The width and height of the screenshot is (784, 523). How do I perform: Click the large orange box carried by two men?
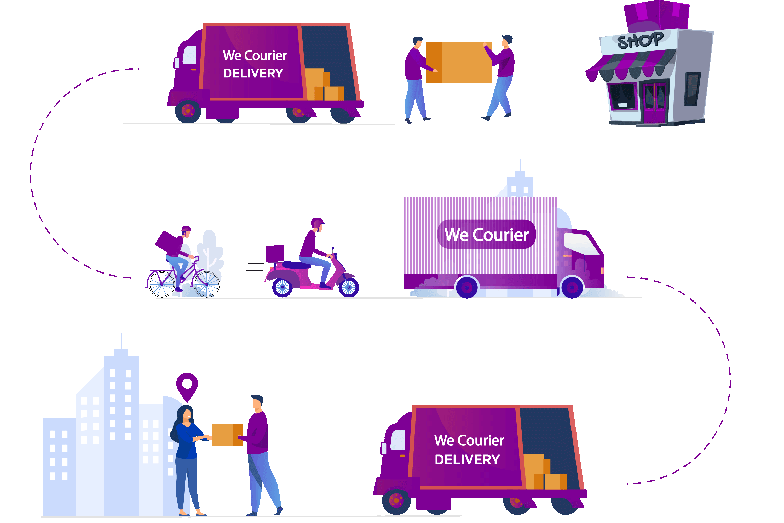(459, 62)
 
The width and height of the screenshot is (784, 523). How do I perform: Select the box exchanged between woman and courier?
(227, 434)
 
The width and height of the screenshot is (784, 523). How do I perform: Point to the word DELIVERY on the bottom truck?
(467, 460)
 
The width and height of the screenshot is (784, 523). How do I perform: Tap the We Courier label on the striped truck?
(486, 235)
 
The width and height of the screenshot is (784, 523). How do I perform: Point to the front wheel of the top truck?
(188, 110)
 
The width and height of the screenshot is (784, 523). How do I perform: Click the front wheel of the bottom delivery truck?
(396, 500)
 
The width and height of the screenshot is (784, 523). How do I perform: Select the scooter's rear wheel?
(282, 287)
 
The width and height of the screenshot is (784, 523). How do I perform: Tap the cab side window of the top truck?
(189, 55)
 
